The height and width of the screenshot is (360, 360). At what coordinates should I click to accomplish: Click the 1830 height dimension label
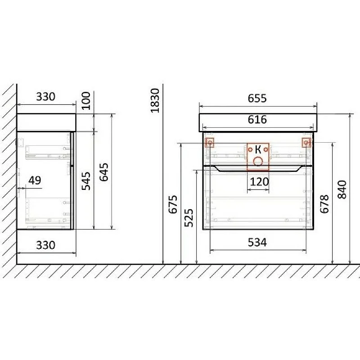pyautogui.click(x=155, y=100)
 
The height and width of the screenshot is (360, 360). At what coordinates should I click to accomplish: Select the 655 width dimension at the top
pyautogui.click(x=257, y=98)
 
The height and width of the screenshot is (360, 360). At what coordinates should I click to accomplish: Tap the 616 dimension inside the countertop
pyautogui.click(x=257, y=119)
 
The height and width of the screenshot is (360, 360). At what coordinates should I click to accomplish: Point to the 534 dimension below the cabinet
pyautogui.click(x=257, y=243)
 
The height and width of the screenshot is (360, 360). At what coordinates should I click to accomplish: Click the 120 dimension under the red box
pyautogui.click(x=259, y=182)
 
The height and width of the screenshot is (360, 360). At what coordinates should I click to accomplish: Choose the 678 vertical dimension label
pyautogui.click(x=324, y=204)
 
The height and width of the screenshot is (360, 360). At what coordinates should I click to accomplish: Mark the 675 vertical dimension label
pyautogui.click(x=173, y=204)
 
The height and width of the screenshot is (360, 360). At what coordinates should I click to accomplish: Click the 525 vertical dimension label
pyautogui.click(x=189, y=218)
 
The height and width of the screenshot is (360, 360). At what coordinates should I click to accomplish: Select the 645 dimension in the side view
pyautogui.click(x=104, y=172)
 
